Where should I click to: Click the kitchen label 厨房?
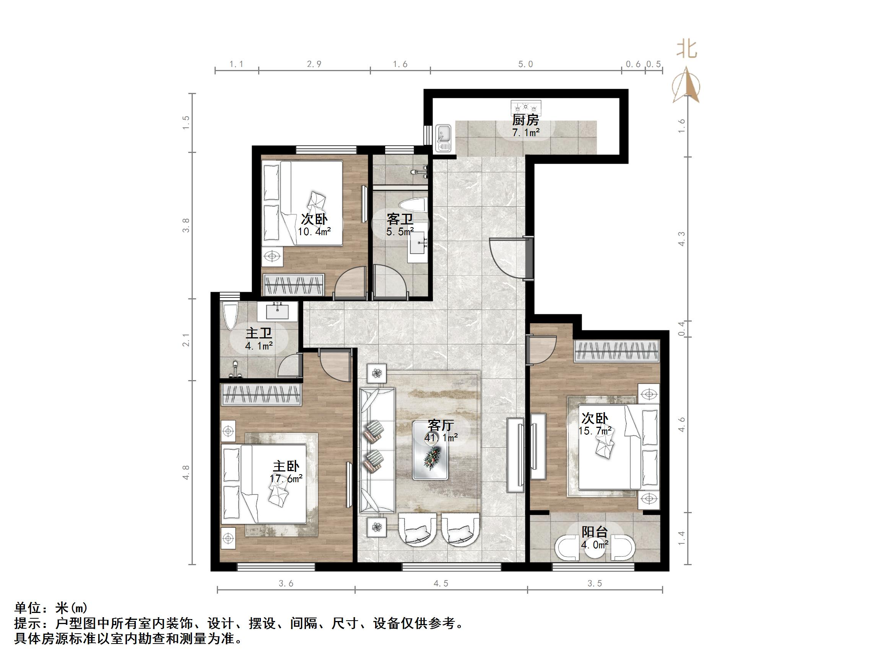tap(525, 119)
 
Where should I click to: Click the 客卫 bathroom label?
tap(400, 219)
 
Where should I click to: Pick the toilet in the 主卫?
tap(230, 315)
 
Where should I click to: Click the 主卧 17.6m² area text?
tap(286, 479)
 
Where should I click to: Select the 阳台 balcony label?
tap(595, 532)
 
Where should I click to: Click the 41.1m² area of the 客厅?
tap(441, 438)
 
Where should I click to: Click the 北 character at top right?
tap(687, 50)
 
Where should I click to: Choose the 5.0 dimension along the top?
tap(525, 65)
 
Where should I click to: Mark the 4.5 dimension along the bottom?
tap(441, 584)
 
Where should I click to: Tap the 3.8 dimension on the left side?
tap(186, 226)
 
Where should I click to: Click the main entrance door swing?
tap(507, 257)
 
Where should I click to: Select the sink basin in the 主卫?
tap(277, 311)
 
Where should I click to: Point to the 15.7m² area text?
tap(595, 431)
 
